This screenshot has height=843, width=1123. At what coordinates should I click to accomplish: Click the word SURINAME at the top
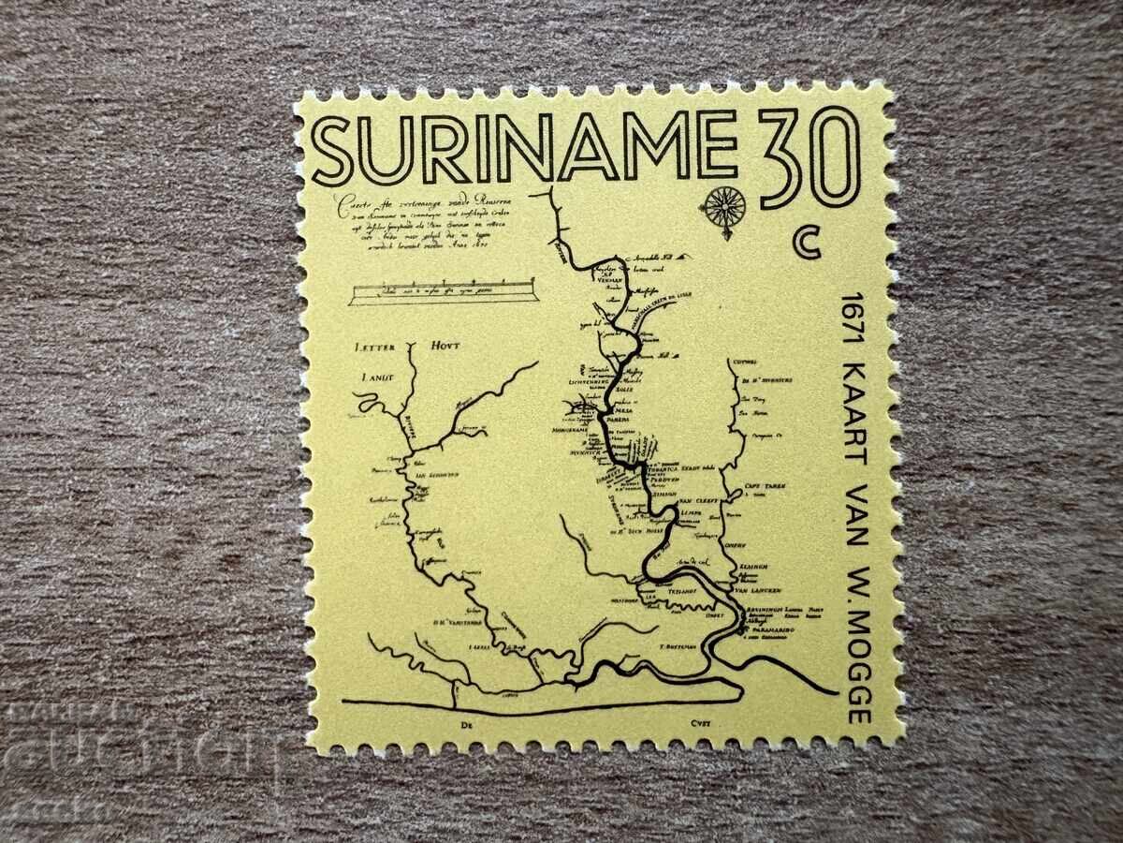524,147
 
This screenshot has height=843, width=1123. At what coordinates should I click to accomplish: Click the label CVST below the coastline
699,722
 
